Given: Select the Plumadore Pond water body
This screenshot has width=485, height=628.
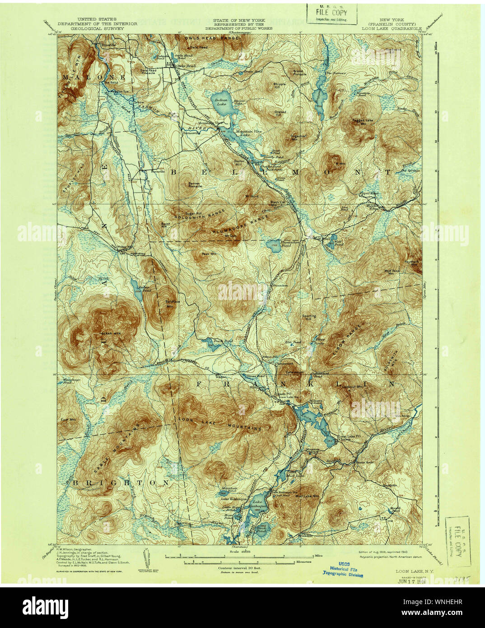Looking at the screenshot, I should (274, 247).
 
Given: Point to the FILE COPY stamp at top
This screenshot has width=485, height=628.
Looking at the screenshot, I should (331, 14).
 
